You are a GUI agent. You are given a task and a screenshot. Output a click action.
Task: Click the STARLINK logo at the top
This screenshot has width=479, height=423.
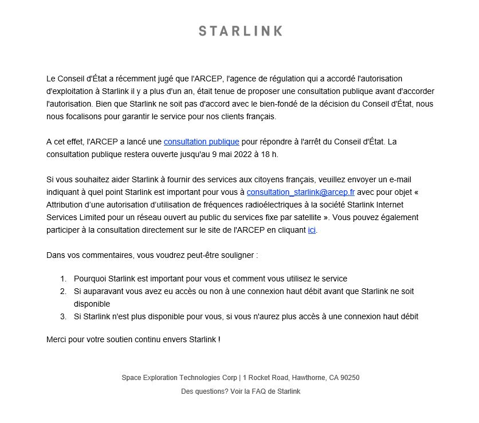point(240,31)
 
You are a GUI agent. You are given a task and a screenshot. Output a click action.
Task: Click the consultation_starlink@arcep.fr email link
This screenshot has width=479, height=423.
point(300,192)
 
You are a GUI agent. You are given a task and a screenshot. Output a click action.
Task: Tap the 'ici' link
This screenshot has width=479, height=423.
point(312,230)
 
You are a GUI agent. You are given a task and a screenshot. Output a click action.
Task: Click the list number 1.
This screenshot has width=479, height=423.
point(63,279)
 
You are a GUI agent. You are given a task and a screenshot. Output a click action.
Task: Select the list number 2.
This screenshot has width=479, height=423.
point(63,292)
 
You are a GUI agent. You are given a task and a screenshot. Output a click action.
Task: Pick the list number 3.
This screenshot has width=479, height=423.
point(63,316)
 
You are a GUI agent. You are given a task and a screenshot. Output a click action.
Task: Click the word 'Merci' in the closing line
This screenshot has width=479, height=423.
point(57,339)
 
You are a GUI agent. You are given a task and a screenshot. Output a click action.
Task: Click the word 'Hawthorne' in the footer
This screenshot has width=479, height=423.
point(308,378)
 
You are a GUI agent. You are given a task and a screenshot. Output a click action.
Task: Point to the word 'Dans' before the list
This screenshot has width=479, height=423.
point(56,254)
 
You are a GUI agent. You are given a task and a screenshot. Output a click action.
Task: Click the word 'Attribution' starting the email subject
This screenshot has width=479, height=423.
point(66,205)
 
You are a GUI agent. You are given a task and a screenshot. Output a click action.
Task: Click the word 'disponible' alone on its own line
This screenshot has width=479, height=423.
point(92,304)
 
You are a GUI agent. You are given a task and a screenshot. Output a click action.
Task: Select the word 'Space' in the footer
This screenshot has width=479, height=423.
point(131,378)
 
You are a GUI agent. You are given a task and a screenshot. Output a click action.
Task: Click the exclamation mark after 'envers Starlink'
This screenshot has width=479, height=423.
point(219,339)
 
